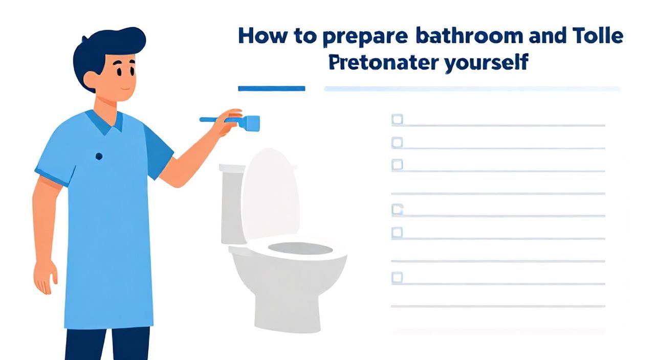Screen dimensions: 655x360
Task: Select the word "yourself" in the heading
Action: tap(486, 63)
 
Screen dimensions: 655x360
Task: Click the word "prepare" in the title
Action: tap(365, 37)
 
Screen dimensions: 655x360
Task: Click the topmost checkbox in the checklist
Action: tap(397, 119)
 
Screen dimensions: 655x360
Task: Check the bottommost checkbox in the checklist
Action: tap(397, 277)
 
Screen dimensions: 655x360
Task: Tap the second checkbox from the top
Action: tap(397, 142)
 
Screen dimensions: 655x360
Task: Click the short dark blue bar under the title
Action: tap(272, 88)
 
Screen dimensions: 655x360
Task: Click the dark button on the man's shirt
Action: tap(99, 156)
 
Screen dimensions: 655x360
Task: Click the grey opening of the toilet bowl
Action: tap(300, 249)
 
